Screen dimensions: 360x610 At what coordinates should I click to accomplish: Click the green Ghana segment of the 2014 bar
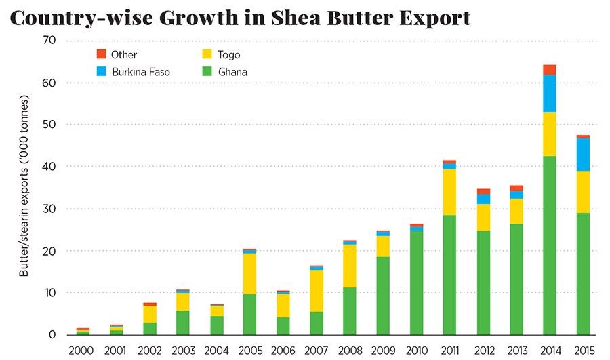point(550,245)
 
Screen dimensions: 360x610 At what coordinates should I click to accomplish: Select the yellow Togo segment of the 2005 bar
point(250,273)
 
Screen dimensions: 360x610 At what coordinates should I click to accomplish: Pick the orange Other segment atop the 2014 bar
point(550,69)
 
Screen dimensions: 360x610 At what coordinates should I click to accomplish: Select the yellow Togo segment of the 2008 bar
point(350,265)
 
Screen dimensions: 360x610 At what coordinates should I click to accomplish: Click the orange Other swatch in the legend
point(102,54)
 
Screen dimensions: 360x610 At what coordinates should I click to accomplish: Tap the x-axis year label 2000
point(83,351)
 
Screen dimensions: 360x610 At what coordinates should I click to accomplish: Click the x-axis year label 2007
point(317,351)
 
